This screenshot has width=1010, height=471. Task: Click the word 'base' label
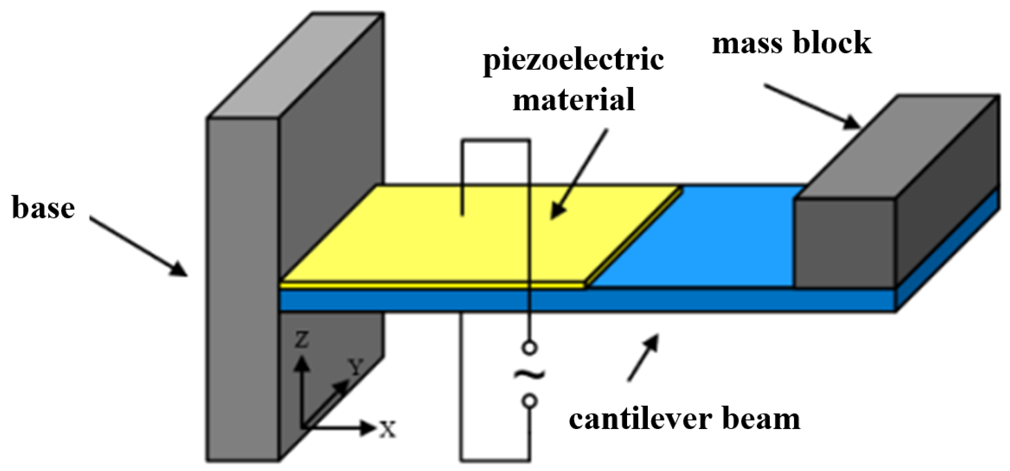click(43, 207)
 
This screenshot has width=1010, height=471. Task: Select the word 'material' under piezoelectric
click(573, 100)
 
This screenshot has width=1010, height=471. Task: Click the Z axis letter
click(302, 340)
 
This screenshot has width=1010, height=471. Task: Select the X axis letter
click(387, 429)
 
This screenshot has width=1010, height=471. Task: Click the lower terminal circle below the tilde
click(529, 401)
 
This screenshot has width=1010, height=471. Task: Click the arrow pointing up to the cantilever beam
click(643, 358)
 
